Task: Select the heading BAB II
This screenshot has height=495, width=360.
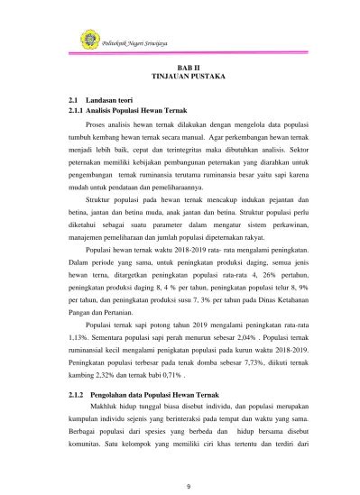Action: pyautogui.click(x=197, y=69)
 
